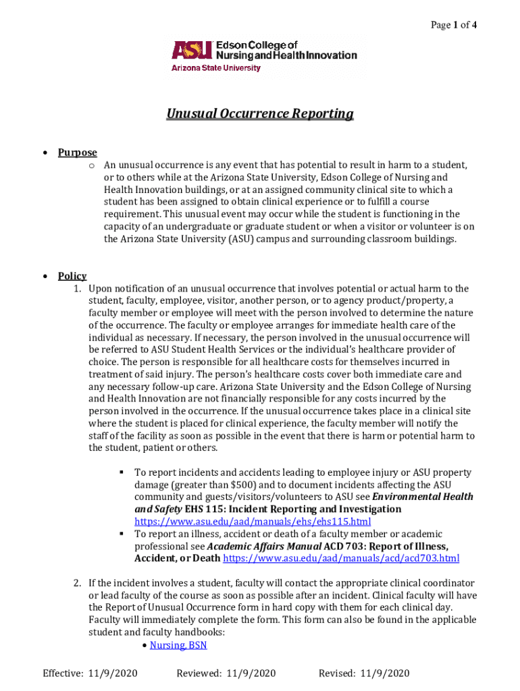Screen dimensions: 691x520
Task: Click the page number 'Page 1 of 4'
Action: (454, 25)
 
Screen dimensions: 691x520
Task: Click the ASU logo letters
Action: (192, 50)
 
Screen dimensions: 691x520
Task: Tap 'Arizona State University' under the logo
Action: (215, 68)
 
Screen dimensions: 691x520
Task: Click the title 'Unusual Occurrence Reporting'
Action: (260, 113)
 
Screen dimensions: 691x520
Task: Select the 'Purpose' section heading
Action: (77, 153)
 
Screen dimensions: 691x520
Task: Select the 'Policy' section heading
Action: (72, 276)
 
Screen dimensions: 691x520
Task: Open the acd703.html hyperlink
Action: (341, 558)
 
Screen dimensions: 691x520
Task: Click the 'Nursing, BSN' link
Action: (178, 645)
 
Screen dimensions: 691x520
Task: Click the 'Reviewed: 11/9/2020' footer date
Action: (226, 673)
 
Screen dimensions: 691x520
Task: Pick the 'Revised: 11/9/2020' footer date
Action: (364, 673)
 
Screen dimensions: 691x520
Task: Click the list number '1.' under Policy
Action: (78, 289)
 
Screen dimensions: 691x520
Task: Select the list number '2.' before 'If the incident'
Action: (78, 583)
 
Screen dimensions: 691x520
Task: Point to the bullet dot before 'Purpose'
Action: (44, 153)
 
